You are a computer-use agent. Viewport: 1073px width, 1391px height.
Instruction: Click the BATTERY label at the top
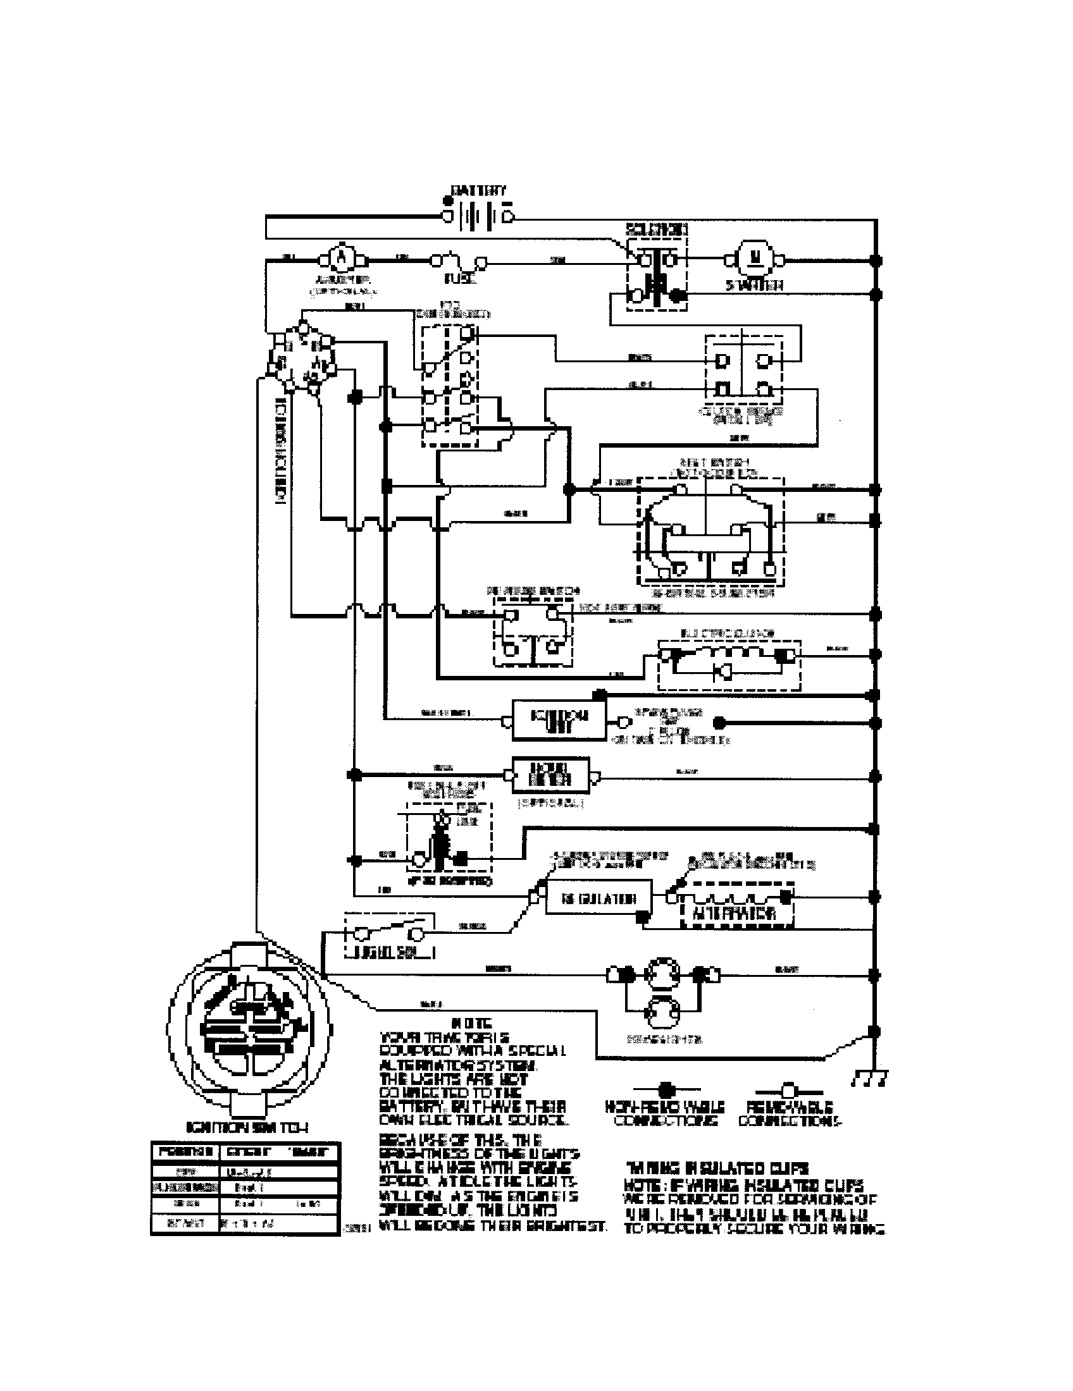pyautogui.click(x=478, y=190)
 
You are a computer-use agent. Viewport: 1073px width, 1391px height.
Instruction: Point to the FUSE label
pyautogui.click(x=459, y=279)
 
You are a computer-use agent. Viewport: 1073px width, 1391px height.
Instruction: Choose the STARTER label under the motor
pyautogui.click(x=754, y=286)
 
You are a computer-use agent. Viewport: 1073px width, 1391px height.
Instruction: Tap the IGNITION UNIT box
pyautogui.click(x=559, y=720)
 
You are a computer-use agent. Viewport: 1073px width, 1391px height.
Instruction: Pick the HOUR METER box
pyautogui.click(x=550, y=775)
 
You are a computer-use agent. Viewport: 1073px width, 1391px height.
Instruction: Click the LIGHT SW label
pyautogui.click(x=390, y=953)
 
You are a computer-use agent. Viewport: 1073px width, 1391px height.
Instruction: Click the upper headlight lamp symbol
pyautogui.click(x=662, y=973)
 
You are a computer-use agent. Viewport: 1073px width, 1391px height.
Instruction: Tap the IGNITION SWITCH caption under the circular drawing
pyautogui.click(x=247, y=1127)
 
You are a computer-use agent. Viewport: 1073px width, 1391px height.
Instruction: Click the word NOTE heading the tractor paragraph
pyautogui.click(x=470, y=1024)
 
